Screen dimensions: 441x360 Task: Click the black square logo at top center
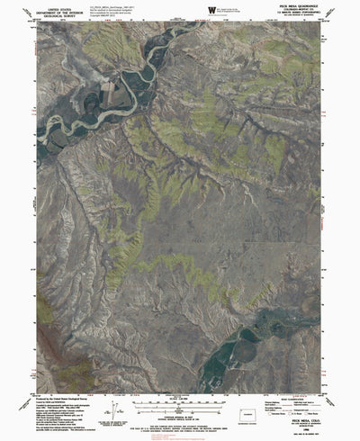coord(212,9)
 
